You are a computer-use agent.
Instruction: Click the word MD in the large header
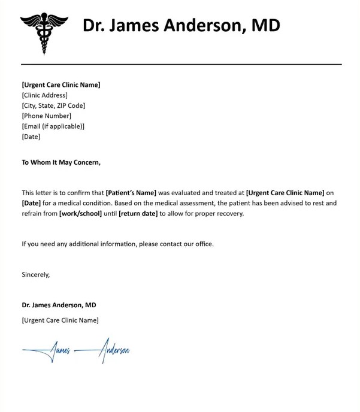coord(265,25)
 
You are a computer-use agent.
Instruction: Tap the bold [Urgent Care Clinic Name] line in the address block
coord(61,84)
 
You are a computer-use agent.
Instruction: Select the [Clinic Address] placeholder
coord(45,95)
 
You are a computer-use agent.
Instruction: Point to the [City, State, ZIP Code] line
coord(54,105)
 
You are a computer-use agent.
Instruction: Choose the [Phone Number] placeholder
coord(47,116)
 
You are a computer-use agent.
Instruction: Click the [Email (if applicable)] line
coord(53,126)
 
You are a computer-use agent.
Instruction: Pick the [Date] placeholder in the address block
coord(31,137)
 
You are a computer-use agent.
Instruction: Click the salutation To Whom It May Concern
coord(61,162)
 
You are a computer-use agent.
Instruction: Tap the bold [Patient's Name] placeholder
coord(131,193)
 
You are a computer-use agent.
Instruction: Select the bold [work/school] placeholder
coord(80,214)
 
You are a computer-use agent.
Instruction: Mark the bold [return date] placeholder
coord(138,214)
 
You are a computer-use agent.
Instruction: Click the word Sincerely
coord(36,275)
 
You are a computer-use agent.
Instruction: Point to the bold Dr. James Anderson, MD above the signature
coord(59,305)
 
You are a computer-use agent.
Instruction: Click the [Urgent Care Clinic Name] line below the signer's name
coord(60,320)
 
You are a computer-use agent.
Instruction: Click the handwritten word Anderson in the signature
coord(114,350)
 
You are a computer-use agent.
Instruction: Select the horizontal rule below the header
coord(181,64)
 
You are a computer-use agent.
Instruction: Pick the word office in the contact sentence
coord(204,244)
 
